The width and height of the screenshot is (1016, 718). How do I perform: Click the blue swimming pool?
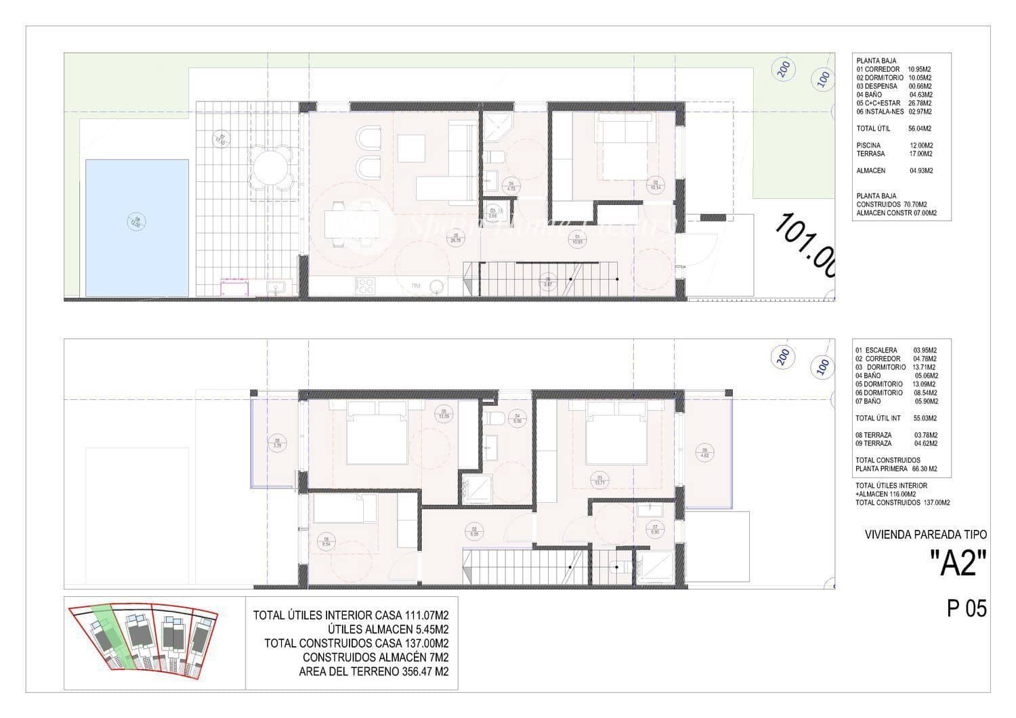137,227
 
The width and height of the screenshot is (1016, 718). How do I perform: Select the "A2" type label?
958,563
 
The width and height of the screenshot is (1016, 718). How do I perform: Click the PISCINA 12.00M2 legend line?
894,145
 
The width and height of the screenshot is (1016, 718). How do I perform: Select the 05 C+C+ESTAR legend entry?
894,104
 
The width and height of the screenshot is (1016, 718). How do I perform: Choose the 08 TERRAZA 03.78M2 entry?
896,435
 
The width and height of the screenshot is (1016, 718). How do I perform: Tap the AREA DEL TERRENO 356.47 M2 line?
374,672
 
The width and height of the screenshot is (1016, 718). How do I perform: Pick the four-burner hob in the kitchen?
366,286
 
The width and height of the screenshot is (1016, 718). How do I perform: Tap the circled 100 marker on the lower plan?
823,365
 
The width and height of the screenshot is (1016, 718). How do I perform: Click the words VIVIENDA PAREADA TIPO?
926,535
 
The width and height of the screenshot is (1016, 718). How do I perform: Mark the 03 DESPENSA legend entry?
894,87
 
